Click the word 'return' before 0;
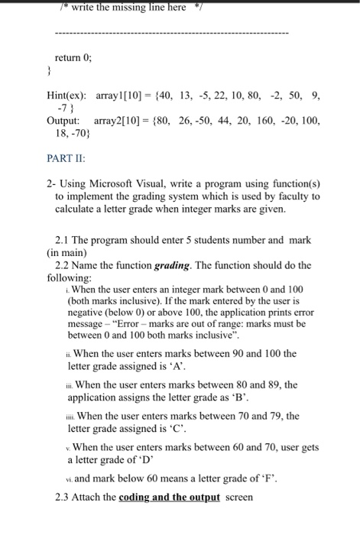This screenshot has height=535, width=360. (x=66, y=57)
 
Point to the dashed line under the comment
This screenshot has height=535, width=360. (x=172, y=35)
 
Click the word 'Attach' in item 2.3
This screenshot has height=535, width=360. (x=89, y=498)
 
